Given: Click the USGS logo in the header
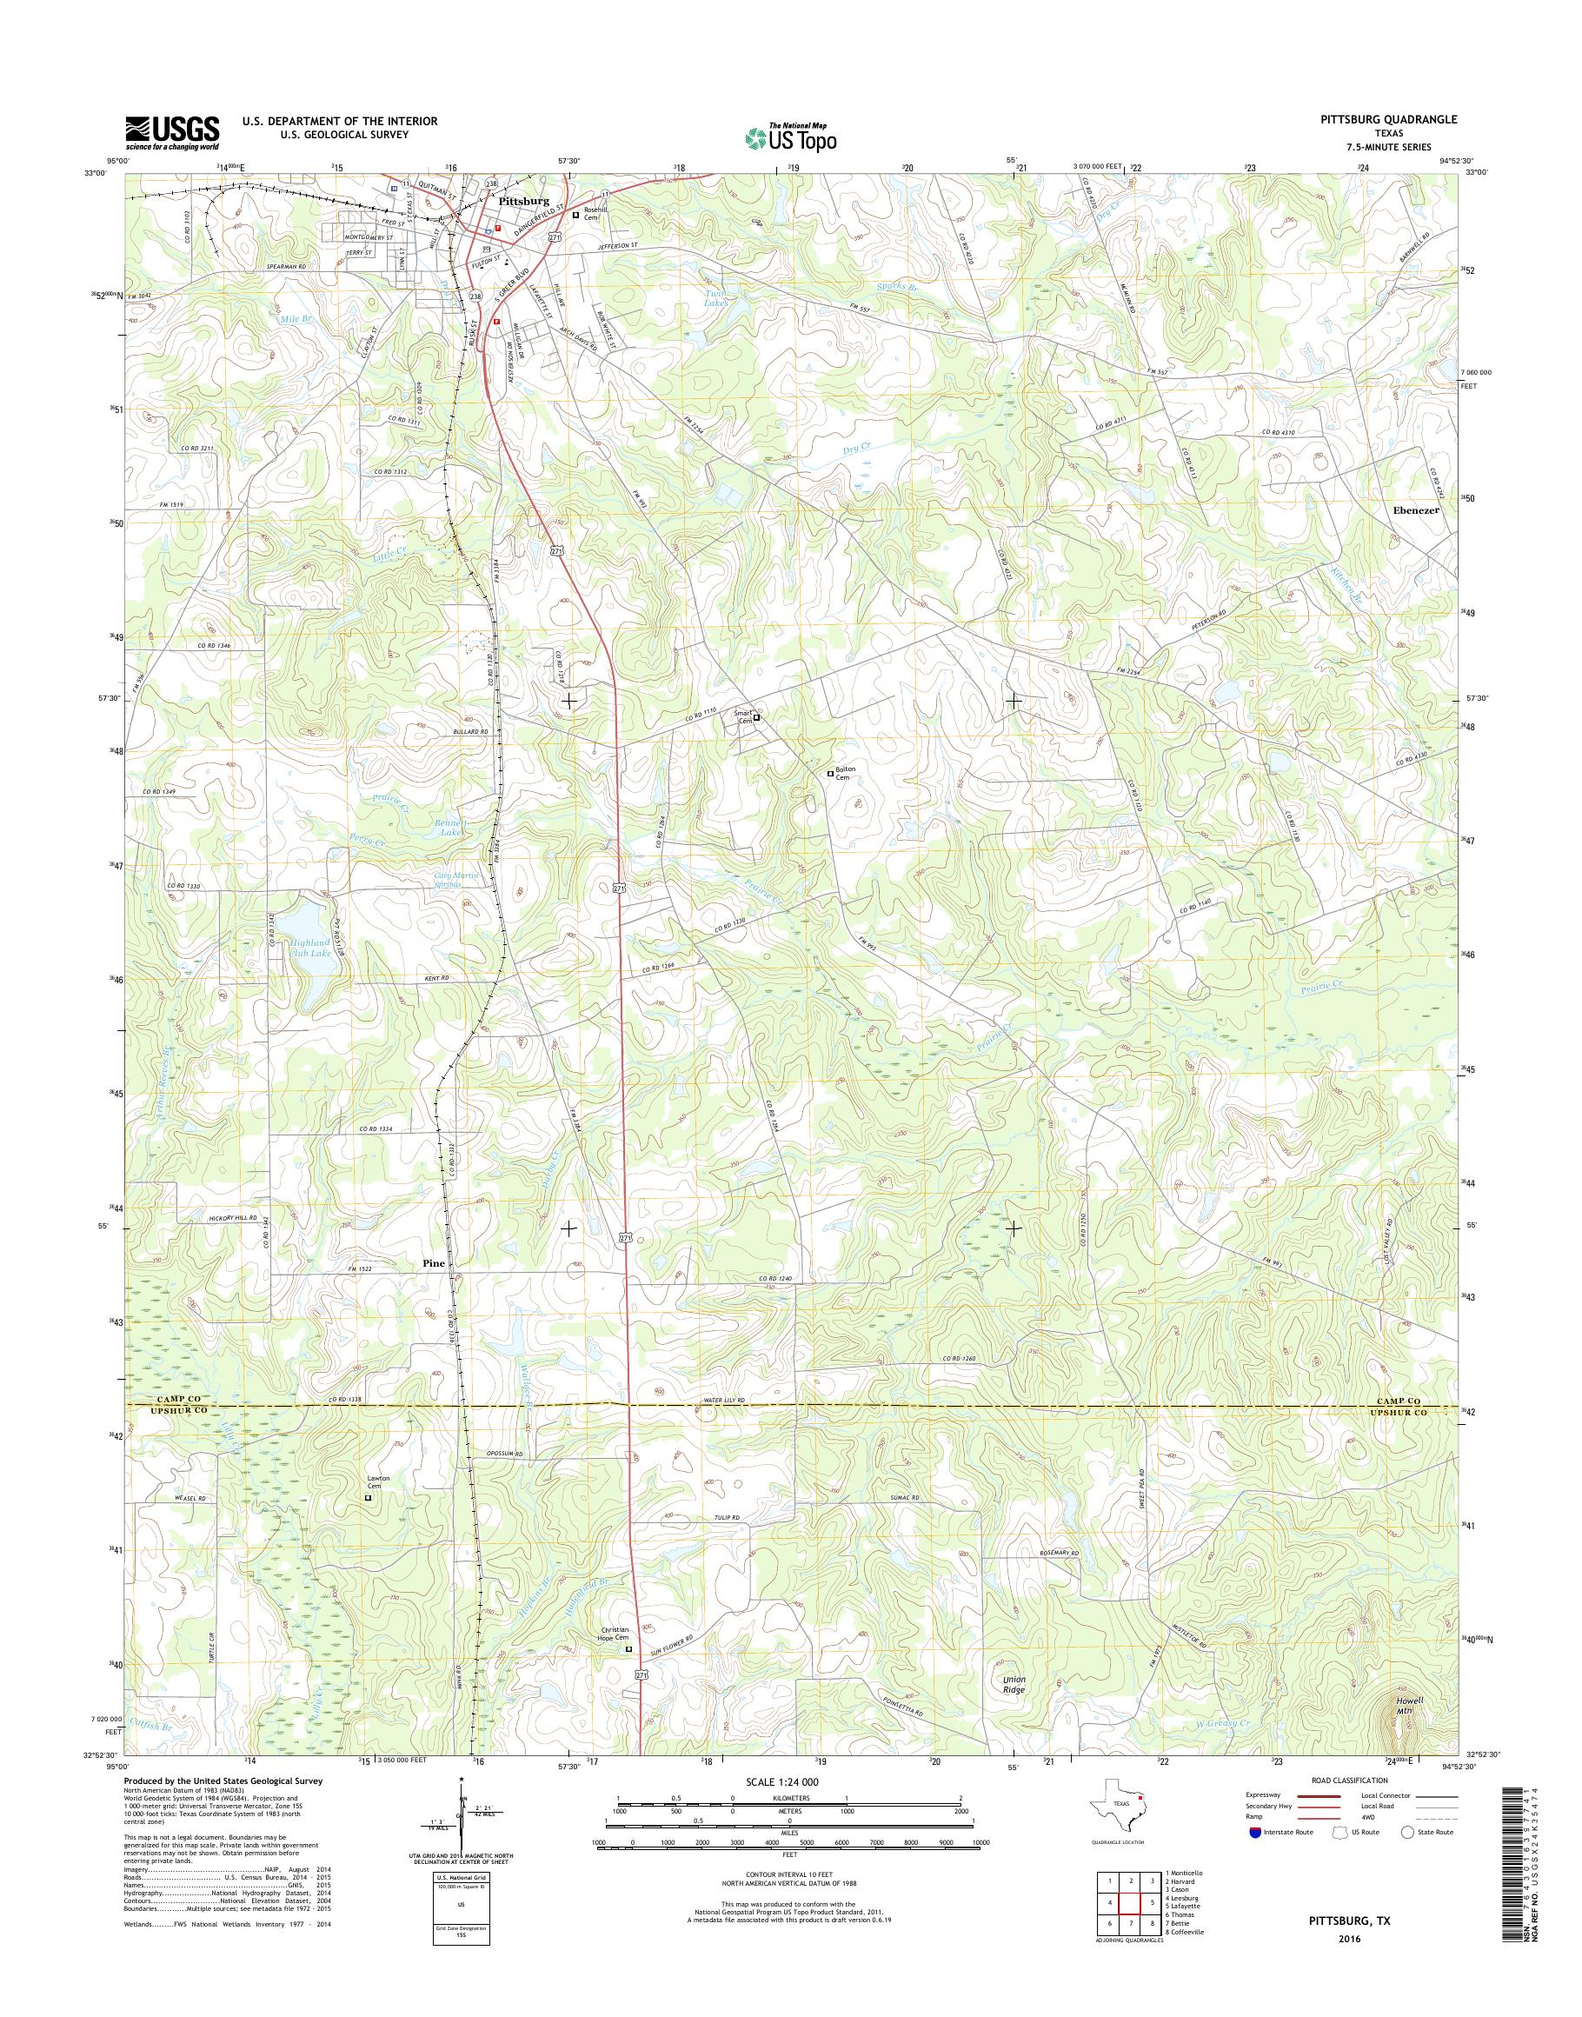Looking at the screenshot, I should coord(172,132).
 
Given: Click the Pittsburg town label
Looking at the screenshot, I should coord(523,200).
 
